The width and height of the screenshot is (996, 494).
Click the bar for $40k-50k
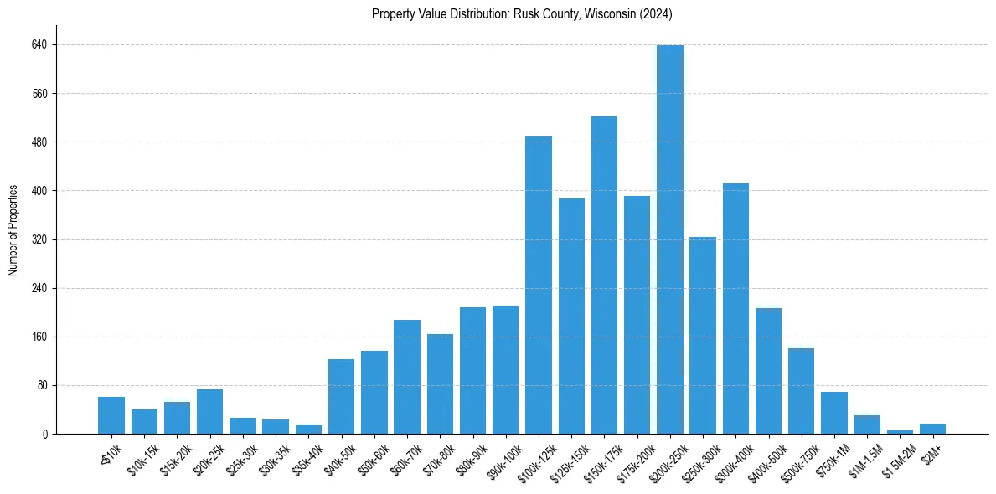[341, 397]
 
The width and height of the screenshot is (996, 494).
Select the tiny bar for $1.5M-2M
[900, 432]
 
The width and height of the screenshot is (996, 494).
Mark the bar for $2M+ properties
[932, 429]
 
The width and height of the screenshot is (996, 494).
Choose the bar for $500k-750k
[801, 391]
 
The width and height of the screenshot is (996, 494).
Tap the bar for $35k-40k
[308, 429]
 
